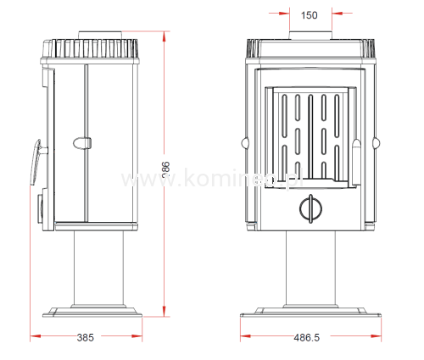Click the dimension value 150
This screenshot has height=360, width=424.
tap(309, 14)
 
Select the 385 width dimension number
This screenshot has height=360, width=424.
tap(85, 337)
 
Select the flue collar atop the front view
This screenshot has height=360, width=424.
tap(309, 35)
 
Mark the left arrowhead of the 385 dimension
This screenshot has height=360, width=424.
tap(34, 337)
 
